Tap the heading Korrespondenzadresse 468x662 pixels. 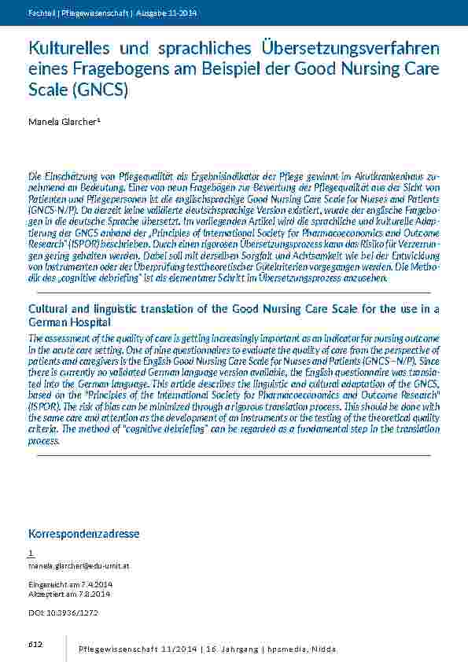(83, 534)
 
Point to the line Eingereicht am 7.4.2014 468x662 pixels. (71, 585)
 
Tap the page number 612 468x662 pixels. (35, 645)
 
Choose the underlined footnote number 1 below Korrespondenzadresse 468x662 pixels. (30, 554)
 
